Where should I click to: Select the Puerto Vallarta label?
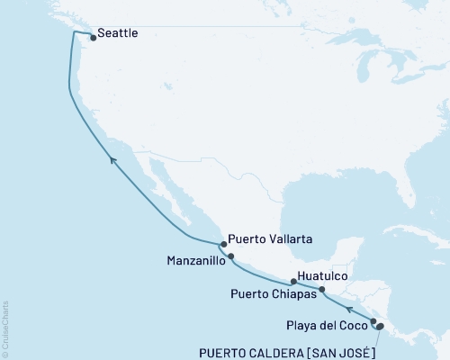(270, 239)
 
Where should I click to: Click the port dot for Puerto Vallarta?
(223, 243)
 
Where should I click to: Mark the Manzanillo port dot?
(231, 256)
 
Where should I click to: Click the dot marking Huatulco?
(293, 281)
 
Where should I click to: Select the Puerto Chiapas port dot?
(322, 290)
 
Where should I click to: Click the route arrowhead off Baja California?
(112, 158)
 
